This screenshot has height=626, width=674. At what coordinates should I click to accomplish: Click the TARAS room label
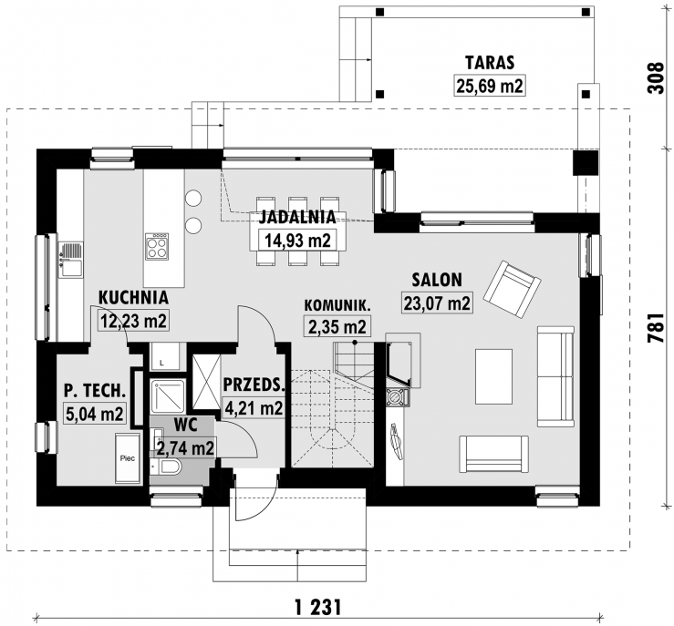pos(490,63)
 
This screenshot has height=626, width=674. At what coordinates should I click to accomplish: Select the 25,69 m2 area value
pos(490,86)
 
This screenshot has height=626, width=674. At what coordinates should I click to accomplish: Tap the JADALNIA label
pos(297,217)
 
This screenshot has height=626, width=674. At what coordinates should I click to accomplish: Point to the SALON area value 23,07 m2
pos(437,303)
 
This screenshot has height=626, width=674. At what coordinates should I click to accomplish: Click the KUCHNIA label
pos(133,297)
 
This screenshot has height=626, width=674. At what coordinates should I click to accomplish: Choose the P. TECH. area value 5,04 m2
pos(95,414)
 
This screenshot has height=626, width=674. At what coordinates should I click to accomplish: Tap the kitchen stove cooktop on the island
pos(157,246)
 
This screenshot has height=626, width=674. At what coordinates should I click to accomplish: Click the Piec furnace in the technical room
pos(128,458)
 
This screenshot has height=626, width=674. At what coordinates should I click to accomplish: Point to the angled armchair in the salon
pos(512,289)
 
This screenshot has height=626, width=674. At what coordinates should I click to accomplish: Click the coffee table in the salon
pos(494,376)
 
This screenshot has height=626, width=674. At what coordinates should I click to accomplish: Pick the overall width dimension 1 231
pos(318,608)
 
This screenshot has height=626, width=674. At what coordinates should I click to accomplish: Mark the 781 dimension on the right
pos(656,328)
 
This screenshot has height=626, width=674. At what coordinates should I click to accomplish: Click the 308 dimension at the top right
pos(656,77)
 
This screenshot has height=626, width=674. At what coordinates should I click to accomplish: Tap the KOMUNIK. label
pos(337,305)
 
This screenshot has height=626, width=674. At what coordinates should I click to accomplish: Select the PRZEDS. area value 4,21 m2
pos(254,407)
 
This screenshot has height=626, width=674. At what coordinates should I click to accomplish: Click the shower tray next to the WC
pos(168,396)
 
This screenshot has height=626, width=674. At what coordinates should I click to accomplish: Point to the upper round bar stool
pos(193,198)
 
